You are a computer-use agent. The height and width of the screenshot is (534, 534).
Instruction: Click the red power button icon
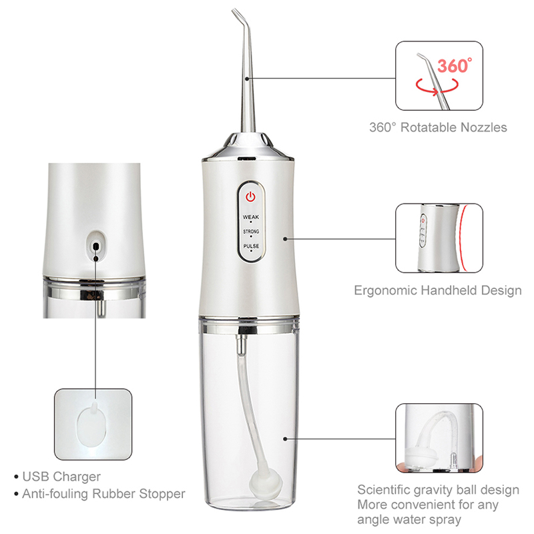point(250,197)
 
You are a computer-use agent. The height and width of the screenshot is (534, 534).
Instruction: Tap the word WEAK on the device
point(251,218)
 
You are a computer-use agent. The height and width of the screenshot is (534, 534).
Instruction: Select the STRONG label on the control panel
point(251,232)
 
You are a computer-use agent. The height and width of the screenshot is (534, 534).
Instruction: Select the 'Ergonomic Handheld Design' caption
point(437,290)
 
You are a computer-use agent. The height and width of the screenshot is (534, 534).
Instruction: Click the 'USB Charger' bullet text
point(61,477)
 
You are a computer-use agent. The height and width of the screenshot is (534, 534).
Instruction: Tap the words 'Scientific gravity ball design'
point(438,490)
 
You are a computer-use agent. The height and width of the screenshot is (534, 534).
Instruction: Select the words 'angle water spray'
point(409,519)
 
